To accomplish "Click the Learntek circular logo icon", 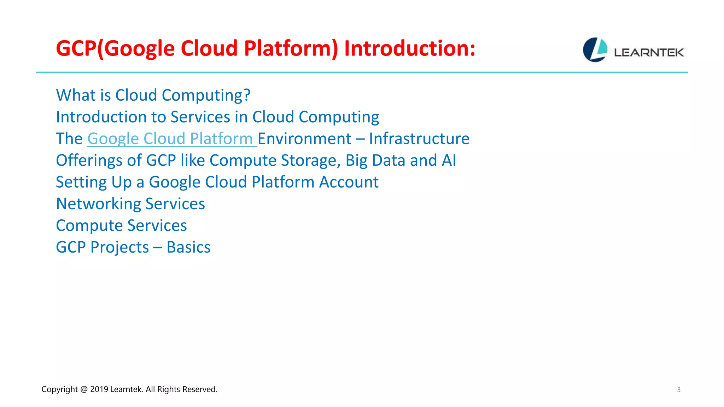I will click(595, 50).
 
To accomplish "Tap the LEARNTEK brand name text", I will click(649, 53).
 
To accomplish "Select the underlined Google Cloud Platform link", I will click(172, 138).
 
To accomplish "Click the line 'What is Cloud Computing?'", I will click(153, 95).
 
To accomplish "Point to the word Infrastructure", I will click(419, 138).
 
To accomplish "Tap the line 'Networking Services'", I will click(130, 204).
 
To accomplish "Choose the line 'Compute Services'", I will click(121, 225).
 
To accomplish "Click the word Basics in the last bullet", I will click(188, 247).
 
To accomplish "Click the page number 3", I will click(678, 390).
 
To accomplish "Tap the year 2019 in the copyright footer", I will click(99, 389).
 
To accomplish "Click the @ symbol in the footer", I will click(84, 389).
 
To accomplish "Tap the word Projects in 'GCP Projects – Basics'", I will click(119, 247).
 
